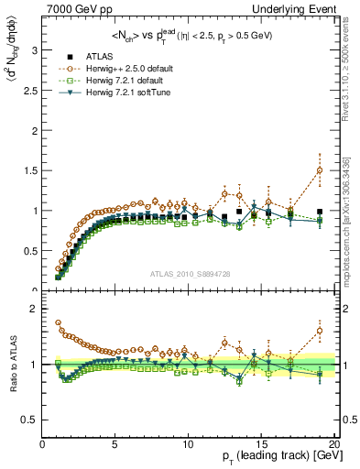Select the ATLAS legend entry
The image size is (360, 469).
(101, 57)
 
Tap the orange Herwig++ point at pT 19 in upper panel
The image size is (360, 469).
(320, 170)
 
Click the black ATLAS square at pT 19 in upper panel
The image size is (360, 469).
(320, 212)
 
